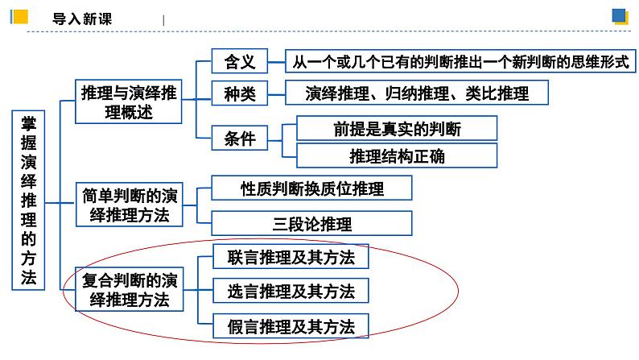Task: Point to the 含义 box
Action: (239, 62)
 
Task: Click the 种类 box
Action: (239, 93)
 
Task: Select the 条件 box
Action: (239, 139)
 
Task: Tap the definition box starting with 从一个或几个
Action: (460, 62)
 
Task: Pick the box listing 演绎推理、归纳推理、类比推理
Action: (417, 93)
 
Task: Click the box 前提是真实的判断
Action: (397, 128)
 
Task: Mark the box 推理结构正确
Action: (397, 156)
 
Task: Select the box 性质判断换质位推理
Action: (312, 189)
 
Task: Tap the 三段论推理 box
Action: (312, 223)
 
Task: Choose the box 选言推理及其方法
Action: (291, 290)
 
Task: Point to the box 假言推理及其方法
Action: (291, 325)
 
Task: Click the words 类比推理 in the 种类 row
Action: (497, 93)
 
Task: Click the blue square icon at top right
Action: (620, 16)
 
